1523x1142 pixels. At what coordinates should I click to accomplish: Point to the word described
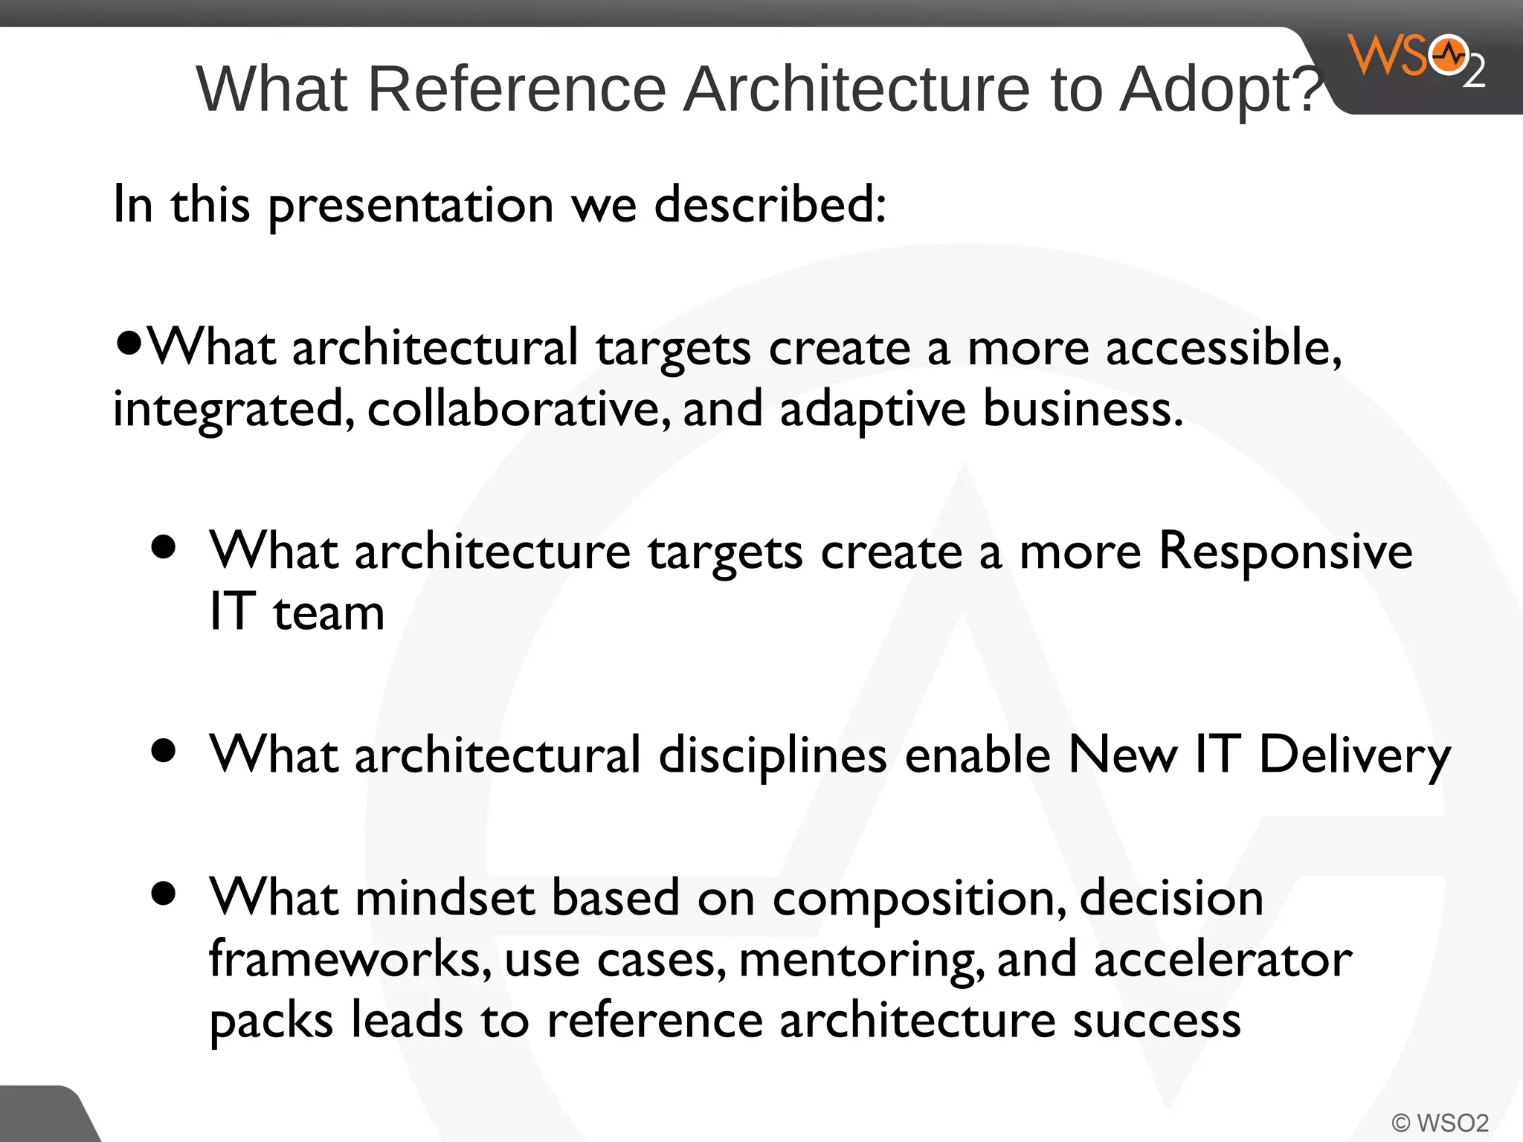tap(770, 204)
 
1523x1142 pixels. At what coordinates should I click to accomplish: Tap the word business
tap(1082, 409)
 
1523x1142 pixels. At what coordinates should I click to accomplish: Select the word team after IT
tap(329, 613)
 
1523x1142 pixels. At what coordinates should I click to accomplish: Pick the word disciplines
tap(773, 755)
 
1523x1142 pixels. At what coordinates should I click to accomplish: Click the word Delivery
tap(1354, 755)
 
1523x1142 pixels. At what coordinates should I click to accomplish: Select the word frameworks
tap(350, 959)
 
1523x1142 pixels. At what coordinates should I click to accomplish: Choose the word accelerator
tap(1223, 959)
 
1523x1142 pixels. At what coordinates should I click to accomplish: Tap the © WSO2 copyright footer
tap(1440, 1122)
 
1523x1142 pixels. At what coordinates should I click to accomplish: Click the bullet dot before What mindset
tap(163, 892)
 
